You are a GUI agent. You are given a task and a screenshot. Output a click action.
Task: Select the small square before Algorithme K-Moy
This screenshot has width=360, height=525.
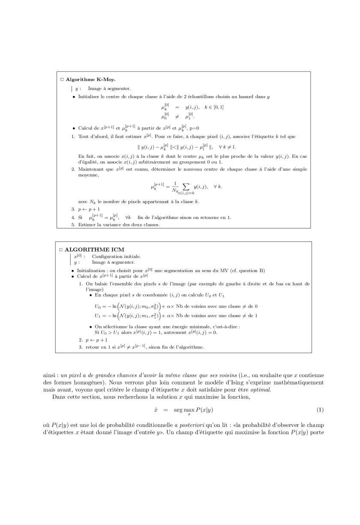coord(62,79)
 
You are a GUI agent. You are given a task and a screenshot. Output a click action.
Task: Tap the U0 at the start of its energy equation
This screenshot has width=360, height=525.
coord(98,306)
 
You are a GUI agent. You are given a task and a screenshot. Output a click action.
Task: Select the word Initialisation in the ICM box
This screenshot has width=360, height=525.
coord(92,270)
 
